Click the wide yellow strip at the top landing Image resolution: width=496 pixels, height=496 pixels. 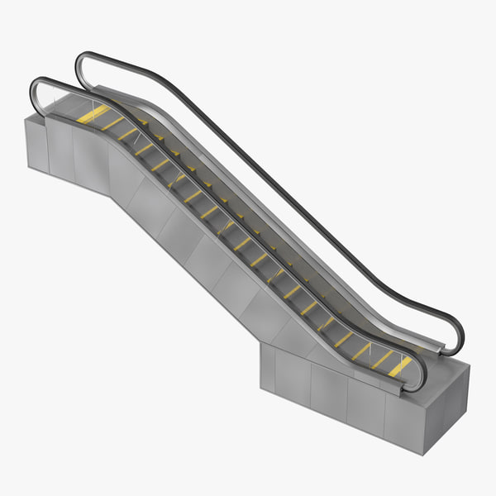pyautogui.click(x=93, y=114)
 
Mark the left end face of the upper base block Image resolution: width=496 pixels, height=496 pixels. pyautogui.click(x=36, y=144)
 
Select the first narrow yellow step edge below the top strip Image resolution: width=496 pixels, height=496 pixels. pyautogui.click(x=112, y=124)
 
